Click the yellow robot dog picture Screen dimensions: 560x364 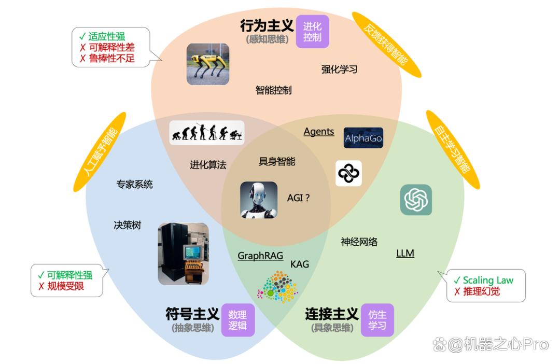tap(208, 64)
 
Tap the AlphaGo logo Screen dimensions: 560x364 tap(363, 138)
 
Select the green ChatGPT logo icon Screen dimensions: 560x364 tap(416, 200)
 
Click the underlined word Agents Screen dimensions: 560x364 tap(319, 132)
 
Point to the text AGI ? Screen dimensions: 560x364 tap(298, 198)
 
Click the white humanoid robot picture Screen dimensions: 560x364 tap(259, 200)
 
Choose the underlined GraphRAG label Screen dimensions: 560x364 tap(260, 256)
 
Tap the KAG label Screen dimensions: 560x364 tap(300, 264)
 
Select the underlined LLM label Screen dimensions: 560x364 tap(405, 253)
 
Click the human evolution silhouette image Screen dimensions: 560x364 tap(207, 133)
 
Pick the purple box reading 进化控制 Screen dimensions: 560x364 tap(313, 32)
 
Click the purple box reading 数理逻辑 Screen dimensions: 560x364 tap(238, 320)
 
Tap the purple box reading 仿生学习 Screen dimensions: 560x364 tap(377, 320)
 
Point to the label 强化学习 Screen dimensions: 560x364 tap(339, 69)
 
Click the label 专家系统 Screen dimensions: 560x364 tap(135, 184)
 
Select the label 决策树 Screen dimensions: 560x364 tap(128, 225)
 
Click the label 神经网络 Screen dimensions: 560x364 tap(359, 242)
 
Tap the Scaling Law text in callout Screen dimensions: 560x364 tap(488, 280)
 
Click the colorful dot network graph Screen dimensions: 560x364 tap(277, 287)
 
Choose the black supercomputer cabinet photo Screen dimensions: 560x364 tap(183, 254)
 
